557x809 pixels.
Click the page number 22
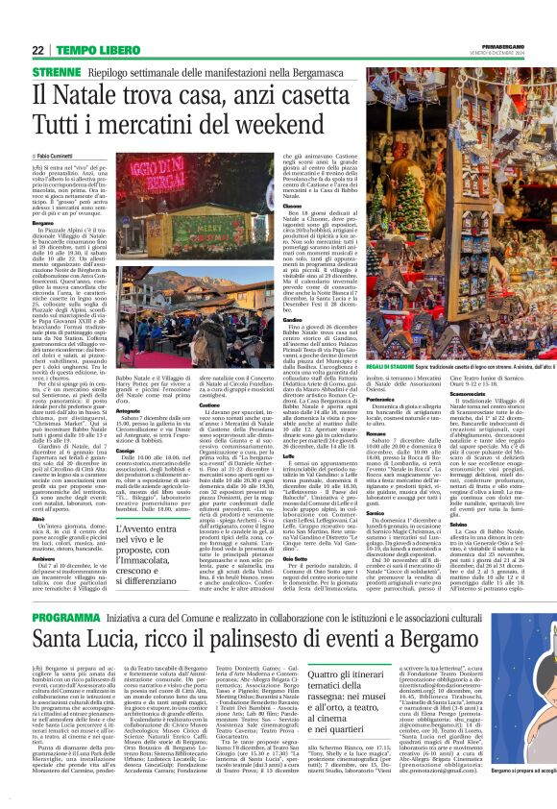[x=39, y=50]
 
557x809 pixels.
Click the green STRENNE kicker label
[x=56, y=72]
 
